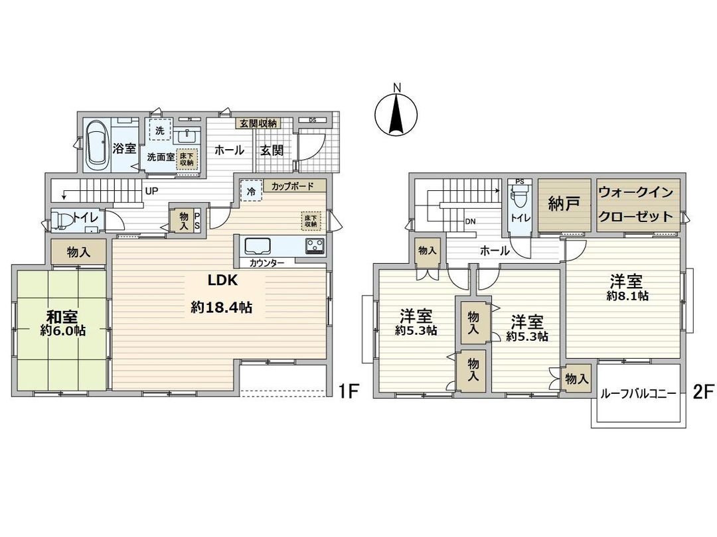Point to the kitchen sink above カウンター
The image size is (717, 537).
[259, 246]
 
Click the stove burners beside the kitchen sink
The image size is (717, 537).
[314, 246]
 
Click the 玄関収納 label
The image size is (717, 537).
[258, 123]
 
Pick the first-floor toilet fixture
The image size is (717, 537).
[65, 218]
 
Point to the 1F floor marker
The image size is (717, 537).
[349, 391]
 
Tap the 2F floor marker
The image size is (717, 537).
[702, 391]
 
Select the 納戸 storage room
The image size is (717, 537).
[564, 205]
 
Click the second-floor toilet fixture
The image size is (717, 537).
[520, 199]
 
